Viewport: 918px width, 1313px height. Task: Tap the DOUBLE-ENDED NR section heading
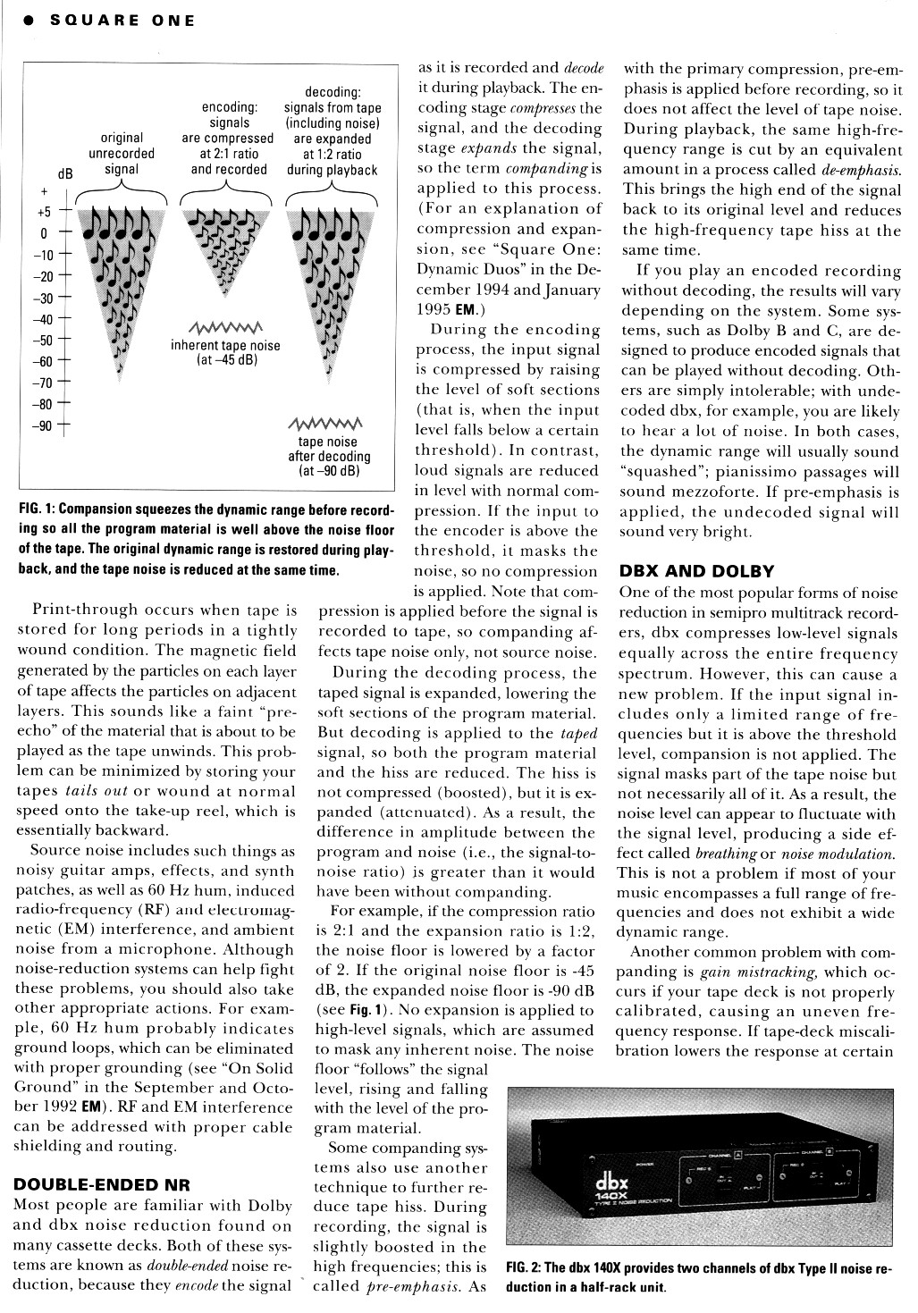pyautogui.click(x=83, y=1185)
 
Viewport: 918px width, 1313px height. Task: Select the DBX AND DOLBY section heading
pyautogui.click(x=696, y=571)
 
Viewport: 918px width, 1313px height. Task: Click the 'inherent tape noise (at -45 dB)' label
pyautogui.click(x=225, y=353)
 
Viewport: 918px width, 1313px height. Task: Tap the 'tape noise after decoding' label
pyautogui.click(x=328, y=456)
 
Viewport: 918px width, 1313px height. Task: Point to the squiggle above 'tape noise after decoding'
pyautogui.click(x=327, y=422)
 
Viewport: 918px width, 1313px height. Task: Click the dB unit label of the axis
pyautogui.click(x=65, y=174)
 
